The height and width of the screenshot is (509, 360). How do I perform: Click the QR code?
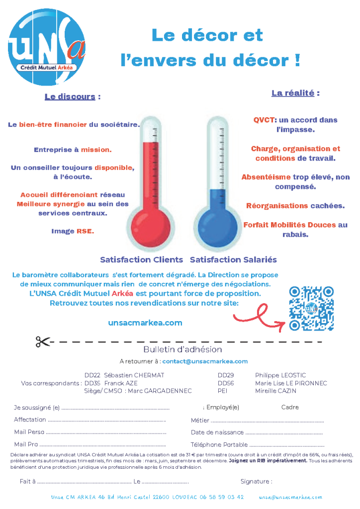click(x=311, y=309)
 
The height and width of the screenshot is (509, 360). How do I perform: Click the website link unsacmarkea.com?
click(x=145, y=323)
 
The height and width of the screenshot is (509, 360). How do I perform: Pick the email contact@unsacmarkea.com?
click(x=205, y=361)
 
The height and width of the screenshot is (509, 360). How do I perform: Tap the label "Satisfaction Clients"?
click(x=142, y=259)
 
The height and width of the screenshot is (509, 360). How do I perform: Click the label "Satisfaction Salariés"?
click(x=233, y=259)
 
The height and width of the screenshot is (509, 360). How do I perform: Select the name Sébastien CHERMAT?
click(x=134, y=375)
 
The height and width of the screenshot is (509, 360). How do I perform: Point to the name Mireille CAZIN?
click(x=275, y=391)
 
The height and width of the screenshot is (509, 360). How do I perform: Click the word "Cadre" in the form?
click(x=290, y=407)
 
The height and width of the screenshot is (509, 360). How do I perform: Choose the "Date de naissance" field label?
click(x=217, y=432)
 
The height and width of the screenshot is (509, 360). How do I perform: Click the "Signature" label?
click(x=256, y=481)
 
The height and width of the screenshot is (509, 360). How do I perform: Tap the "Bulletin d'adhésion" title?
click(x=182, y=350)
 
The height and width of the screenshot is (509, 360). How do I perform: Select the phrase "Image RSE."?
click(x=73, y=231)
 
